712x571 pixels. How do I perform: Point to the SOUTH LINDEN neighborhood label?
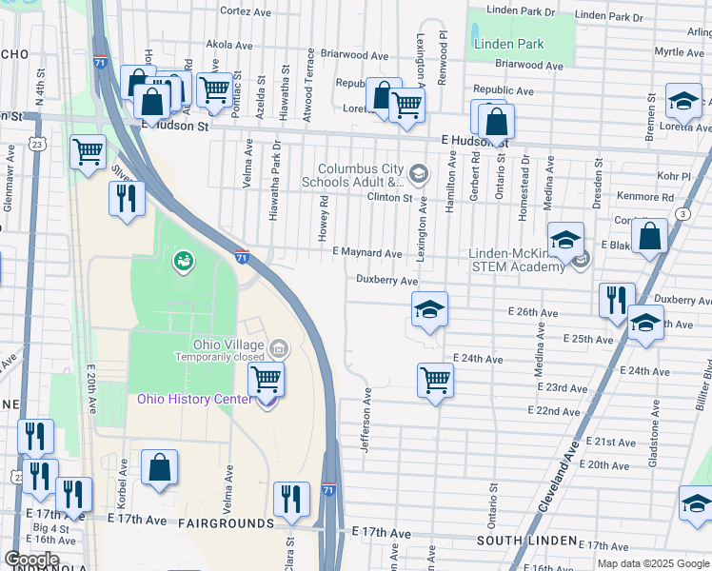526,541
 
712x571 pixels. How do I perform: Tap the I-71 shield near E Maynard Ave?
243,255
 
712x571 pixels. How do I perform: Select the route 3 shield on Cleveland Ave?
682,214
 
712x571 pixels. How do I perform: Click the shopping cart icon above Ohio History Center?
267,380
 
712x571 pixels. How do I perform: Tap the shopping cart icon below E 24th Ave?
435,380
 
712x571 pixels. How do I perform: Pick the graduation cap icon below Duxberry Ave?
429,308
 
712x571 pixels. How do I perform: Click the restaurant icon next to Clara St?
291,498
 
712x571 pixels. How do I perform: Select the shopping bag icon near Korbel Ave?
159,466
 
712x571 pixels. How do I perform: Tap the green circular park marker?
181,259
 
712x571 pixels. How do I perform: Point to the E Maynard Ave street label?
366,254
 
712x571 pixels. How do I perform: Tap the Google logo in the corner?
32,560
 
